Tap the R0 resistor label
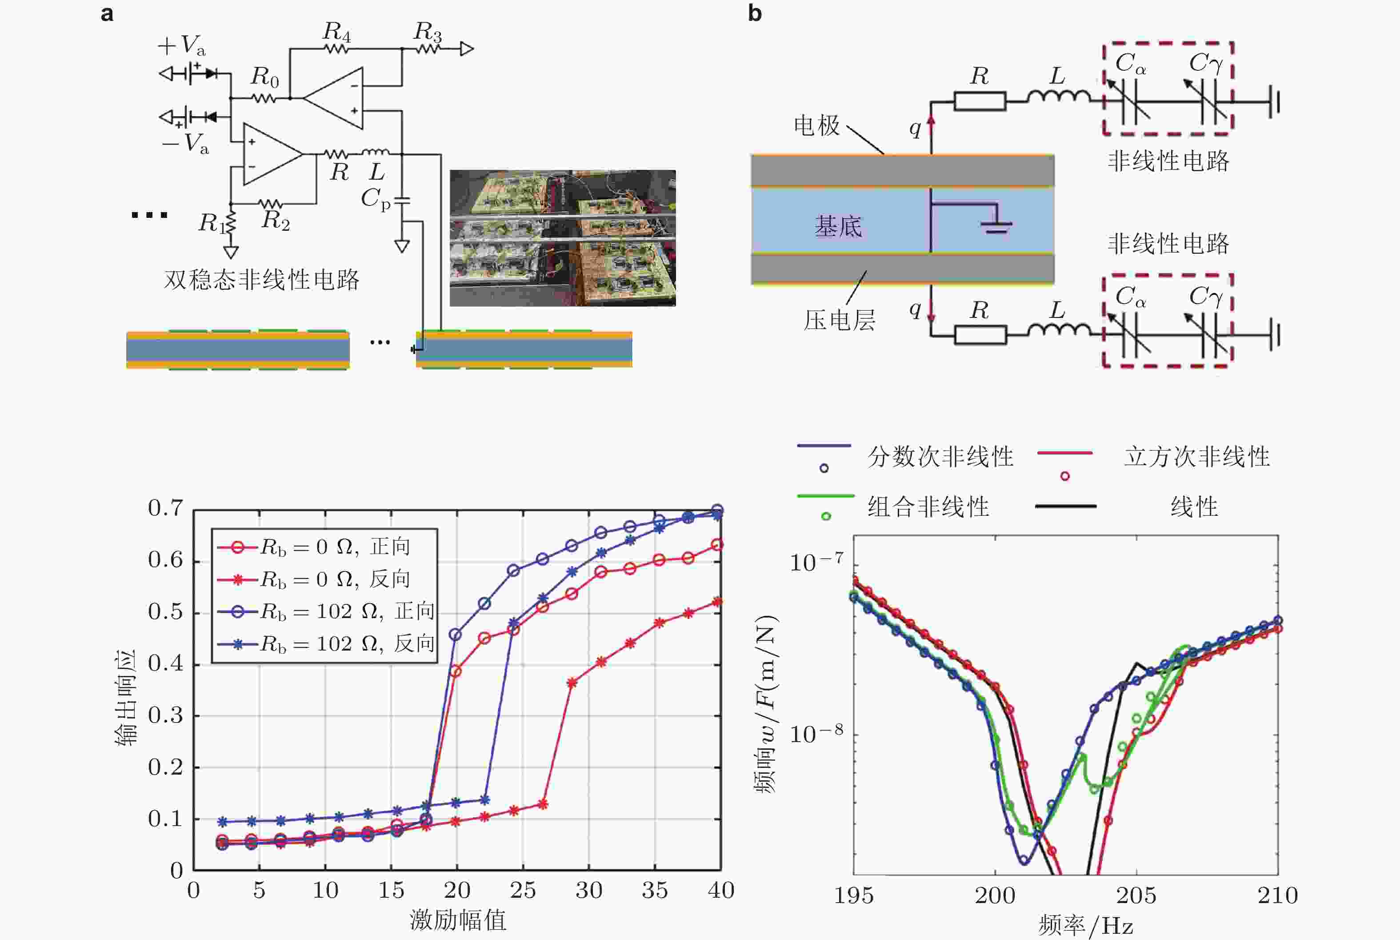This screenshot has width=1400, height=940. [x=264, y=77]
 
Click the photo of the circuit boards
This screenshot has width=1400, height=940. [x=563, y=238]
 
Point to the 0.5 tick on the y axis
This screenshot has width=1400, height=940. [x=165, y=612]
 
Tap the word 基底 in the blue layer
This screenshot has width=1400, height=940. [x=838, y=227]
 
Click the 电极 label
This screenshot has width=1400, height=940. [x=816, y=125]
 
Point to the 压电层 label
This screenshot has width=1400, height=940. [x=839, y=320]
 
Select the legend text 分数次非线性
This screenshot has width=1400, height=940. [x=940, y=457]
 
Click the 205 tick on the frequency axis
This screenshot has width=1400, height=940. [x=1136, y=896]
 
